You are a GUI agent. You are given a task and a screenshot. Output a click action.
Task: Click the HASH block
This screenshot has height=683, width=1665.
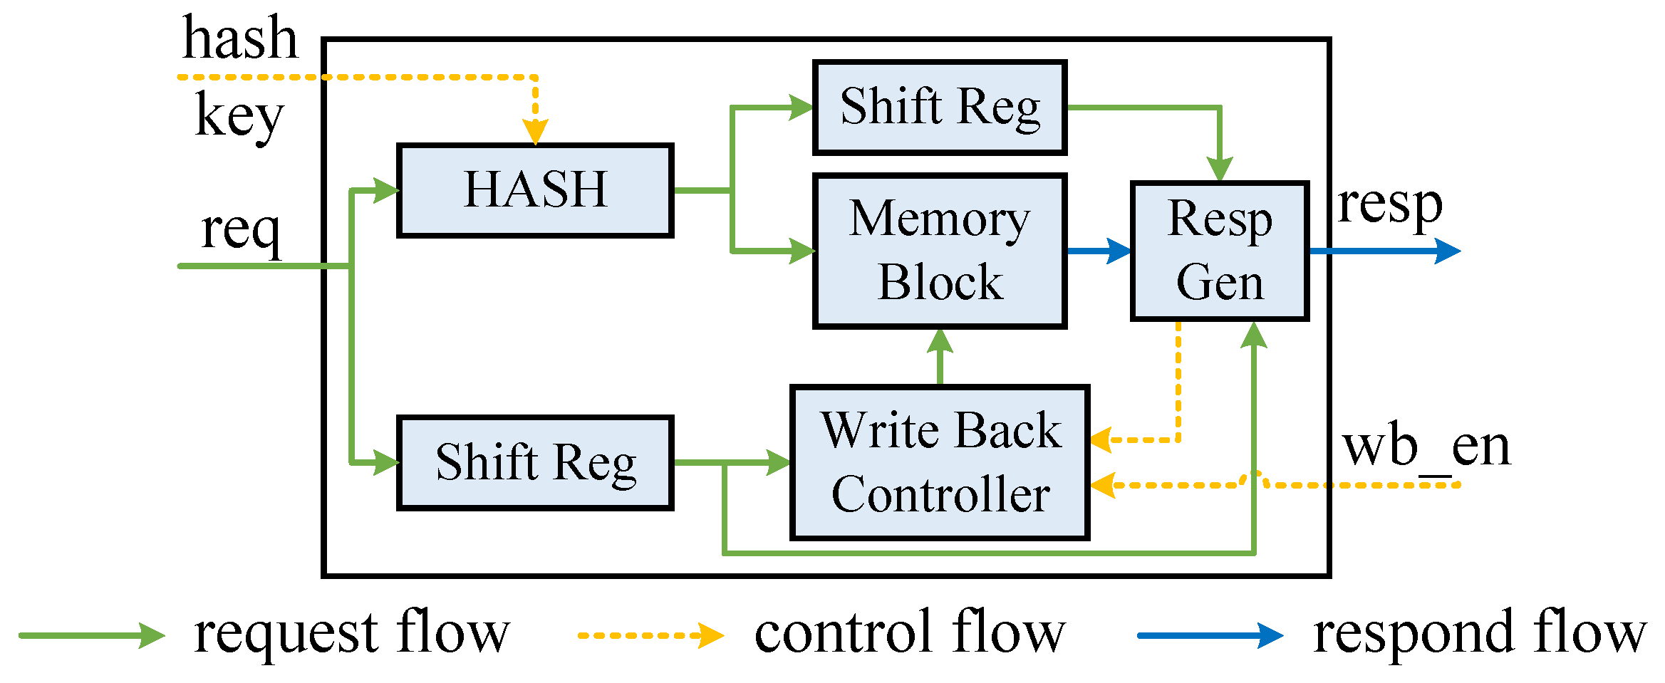(535, 190)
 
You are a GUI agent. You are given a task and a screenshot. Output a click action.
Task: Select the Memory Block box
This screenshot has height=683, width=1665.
(940, 251)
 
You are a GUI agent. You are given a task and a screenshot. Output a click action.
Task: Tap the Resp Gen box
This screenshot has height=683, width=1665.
(1220, 251)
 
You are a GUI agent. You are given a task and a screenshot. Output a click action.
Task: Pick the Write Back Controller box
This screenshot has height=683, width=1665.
(940, 463)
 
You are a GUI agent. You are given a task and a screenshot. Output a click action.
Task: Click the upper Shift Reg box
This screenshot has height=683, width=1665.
(940, 107)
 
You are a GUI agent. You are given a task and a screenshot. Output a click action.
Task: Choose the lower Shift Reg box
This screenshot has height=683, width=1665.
(535, 463)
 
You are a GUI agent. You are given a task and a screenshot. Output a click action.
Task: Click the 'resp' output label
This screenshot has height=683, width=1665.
(1390, 205)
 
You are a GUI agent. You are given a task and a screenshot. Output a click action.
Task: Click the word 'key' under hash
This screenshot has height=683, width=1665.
(239, 115)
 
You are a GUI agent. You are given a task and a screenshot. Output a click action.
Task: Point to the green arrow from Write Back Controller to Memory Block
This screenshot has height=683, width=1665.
(940, 356)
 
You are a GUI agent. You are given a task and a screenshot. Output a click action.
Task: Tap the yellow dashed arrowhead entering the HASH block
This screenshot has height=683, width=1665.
(535, 132)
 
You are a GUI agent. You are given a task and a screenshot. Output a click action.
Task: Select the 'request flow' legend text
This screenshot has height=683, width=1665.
(352, 632)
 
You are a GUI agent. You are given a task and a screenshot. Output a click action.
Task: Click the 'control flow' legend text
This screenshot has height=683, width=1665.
(910, 632)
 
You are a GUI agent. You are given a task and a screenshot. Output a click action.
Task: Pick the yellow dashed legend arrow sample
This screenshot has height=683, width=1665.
(650, 635)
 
